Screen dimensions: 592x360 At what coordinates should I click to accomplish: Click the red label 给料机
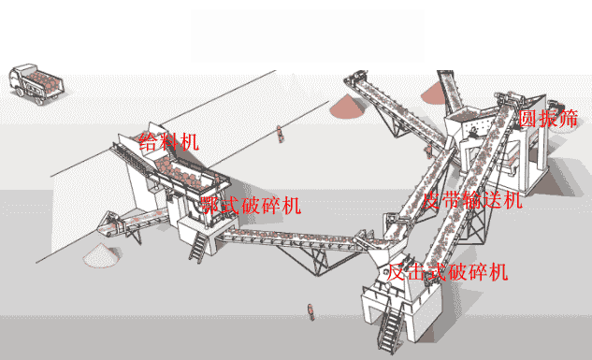click(168, 142)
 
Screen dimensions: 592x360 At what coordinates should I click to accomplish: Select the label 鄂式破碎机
click(251, 206)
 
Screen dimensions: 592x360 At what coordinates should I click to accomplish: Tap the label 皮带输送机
click(472, 200)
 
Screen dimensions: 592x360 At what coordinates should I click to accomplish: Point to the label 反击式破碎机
click(447, 272)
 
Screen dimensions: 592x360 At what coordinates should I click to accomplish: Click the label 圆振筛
click(548, 119)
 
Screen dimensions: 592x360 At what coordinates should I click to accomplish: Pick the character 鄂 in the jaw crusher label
click(211, 206)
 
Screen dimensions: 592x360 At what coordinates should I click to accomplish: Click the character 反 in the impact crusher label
click(397, 272)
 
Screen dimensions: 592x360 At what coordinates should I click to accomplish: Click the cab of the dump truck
click(19, 81)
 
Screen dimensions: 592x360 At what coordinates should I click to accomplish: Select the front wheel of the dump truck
click(19, 92)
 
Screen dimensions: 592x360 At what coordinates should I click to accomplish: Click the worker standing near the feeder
click(281, 134)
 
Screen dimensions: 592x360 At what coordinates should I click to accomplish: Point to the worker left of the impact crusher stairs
click(311, 311)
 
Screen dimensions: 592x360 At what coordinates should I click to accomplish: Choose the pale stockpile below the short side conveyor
click(102, 255)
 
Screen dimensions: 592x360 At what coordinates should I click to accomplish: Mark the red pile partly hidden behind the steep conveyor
click(434, 94)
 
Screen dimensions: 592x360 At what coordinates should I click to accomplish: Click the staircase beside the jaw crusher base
click(198, 247)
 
